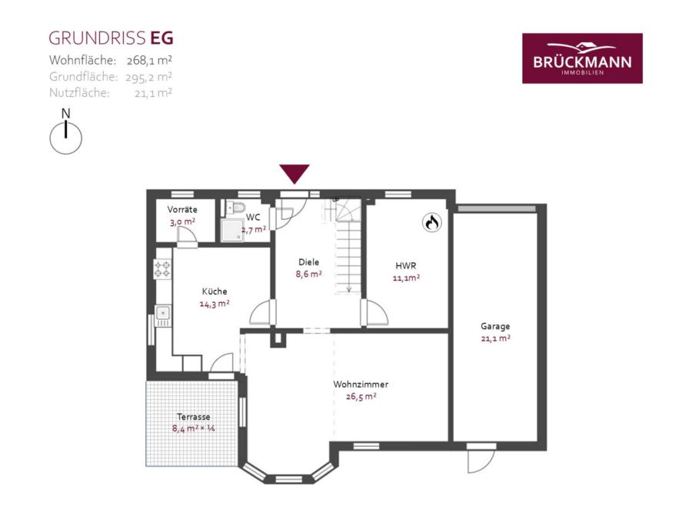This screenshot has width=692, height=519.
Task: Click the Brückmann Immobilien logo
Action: tap(582, 58)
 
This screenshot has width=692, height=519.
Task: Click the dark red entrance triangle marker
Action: tap(294, 174)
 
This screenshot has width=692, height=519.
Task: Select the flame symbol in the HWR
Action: tap(431, 222)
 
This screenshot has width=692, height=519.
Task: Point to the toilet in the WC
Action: tap(236, 207)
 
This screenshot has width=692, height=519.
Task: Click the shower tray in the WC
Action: tap(232, 231)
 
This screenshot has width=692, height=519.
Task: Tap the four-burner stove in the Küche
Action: tap(162, 269)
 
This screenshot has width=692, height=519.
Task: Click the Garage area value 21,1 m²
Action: tap(496, 338)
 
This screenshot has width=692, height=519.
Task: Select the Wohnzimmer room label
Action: tap(361, 384)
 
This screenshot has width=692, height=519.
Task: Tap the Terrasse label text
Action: tap(193, 417)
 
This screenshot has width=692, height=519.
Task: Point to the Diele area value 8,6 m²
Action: tap(308, 274)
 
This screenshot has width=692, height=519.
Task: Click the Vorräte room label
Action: tap(182, 210)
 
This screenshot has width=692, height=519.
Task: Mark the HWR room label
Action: tap(405, 266)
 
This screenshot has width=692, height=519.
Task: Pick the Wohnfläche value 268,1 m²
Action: tap(149, 60)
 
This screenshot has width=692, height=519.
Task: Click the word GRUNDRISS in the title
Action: tap(97, 38)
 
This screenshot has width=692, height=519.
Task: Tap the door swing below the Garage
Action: tap(481, 461)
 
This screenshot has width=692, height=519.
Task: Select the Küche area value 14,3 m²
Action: tap(215, 304)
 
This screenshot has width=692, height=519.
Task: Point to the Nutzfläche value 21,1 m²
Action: tap(153, 93)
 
